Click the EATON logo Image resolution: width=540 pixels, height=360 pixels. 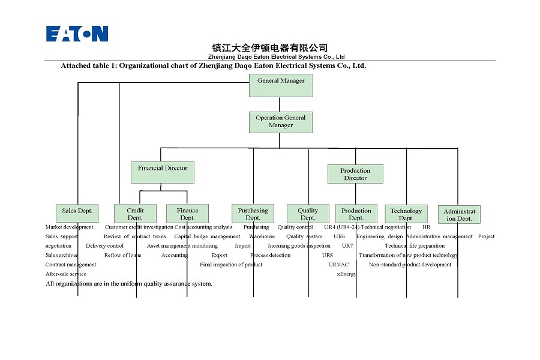[x=77, y=34]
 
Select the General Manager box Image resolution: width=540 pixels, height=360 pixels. [x=281, y=85]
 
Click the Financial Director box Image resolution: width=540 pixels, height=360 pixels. [x=163, y=172]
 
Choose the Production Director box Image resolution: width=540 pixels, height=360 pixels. [x=355, y=174]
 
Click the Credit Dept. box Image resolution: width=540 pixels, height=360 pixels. [x=135, y=214]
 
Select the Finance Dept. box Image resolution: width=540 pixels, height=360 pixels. [x=187, y=214]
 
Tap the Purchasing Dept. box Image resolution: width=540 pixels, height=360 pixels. [x=253, y=214]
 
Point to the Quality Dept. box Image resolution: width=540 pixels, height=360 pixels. [x=308, y=214]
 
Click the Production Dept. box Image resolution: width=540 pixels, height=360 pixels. [x=356, y=214]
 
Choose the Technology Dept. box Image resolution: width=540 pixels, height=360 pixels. [x=406, y=214]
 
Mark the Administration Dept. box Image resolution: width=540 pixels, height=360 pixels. [x=459, y=215]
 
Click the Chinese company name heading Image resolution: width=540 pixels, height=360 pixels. [x=270, y=47]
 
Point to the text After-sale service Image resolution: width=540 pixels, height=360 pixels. [x=66, y=274]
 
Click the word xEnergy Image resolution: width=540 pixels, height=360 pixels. [x=346, y=274]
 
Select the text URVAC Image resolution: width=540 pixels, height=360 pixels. [x=338, y=265]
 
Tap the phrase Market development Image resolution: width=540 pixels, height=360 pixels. [x=70, y=227]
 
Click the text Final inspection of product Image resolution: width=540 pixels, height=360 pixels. [x=231, y=265]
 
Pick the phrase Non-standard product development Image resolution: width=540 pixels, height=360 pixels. [x=410, y=265]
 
